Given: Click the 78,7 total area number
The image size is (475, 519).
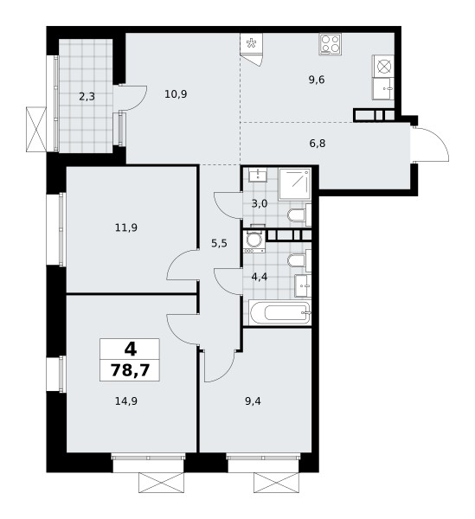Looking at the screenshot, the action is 130,369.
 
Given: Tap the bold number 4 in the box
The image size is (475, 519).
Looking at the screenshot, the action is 131,349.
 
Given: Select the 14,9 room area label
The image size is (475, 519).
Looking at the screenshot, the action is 126,401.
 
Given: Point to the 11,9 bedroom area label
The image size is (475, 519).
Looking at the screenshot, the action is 126,227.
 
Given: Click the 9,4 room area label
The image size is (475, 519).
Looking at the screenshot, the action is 253,401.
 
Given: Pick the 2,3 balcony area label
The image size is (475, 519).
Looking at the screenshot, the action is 87,96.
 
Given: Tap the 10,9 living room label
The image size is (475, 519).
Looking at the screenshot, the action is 176,94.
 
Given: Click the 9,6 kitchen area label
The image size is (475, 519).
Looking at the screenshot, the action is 317,80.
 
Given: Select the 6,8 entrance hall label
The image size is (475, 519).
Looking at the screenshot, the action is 318,144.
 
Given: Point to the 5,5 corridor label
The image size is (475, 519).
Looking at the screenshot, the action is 219,244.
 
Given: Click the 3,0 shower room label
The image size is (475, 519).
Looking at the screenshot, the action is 260,203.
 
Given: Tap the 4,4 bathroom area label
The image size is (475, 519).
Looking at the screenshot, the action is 260,277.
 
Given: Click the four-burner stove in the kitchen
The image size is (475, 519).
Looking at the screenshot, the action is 331,44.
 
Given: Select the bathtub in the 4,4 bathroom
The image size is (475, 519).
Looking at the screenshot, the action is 280,313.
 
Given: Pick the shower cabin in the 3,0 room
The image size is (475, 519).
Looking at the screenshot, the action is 294,184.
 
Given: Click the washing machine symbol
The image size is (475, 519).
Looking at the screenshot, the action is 254,241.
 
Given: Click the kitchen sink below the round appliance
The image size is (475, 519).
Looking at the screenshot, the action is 383,89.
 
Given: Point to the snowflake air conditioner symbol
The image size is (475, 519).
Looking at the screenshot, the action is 251,42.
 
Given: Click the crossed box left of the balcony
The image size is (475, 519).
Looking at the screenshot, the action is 36,129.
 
